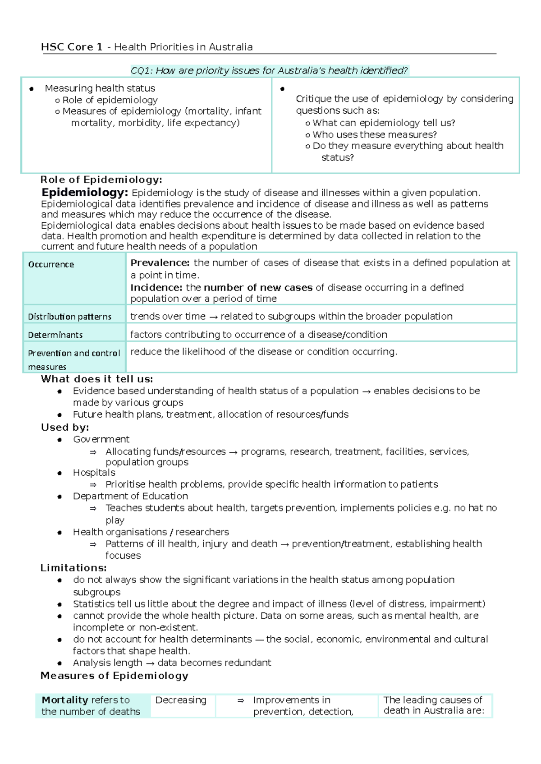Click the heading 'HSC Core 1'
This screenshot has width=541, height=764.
[x=71, y=47]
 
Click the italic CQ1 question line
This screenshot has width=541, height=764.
[x=269, y=70]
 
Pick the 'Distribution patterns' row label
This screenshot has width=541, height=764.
[x=69, y=317]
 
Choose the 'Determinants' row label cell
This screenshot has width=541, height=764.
[x=55, y=335]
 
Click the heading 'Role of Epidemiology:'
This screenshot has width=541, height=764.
[x=101, y=180]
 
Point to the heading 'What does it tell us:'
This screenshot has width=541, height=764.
[x=96, y=379]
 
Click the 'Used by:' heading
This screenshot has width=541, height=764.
[x=65, y=427]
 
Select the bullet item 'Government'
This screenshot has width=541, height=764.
[x=101, y=439]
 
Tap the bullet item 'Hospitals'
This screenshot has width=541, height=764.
[x=94, y=473]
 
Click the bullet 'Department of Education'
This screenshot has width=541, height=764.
[x=130, y=496]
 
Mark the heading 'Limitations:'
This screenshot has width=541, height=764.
[x=73, y=568]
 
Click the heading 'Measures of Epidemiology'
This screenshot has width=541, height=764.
[x=114, y=676]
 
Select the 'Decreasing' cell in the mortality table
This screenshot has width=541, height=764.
[x=180, y=700]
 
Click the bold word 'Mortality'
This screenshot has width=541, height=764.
[x=64, y=700]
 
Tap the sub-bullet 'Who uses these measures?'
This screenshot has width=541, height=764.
[x=374, y=134]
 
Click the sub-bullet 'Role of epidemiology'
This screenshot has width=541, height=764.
[x=110, y=100]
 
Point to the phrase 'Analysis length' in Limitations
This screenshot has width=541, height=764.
[x=107, y=663]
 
